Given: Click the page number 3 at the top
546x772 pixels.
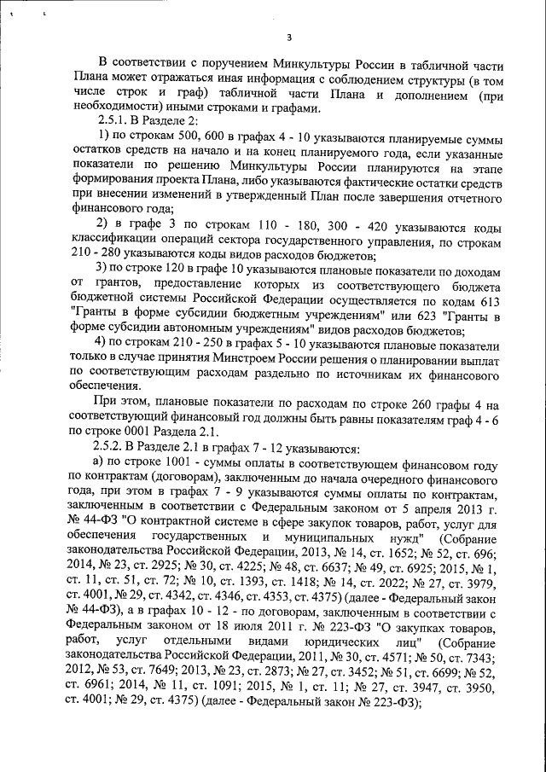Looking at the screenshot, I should (x=288, y=37).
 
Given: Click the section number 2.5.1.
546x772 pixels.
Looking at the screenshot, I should (x=114, y=120).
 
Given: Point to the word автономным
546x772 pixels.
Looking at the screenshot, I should (x=207, y=331).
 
